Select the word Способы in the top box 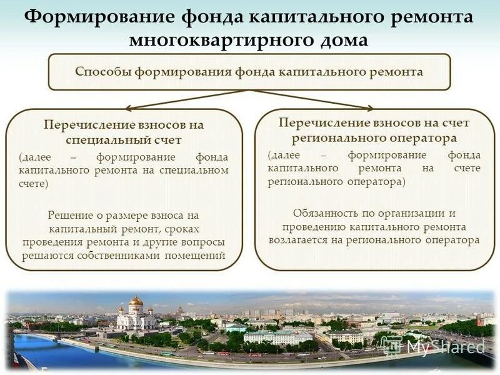click(x=99, y=71)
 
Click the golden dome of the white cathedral click(x=136, y=302)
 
